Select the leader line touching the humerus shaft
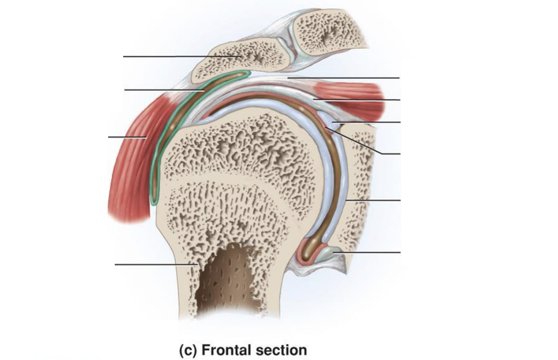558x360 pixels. (x=156, y=264)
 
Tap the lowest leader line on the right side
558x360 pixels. (x=366, y=252)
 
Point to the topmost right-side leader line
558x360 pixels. (x=343, y=77)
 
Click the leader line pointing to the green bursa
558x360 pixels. (x=164, y=90)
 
